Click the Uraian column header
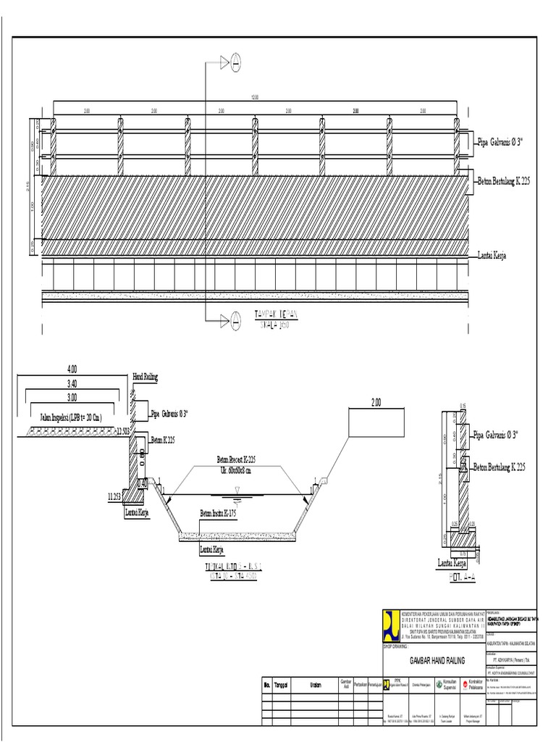click(x=316, y=683)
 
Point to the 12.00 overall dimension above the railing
click(x=254, y=96)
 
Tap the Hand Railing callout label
click(x=146, y=378)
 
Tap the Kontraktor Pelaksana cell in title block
click(x=474, y=683)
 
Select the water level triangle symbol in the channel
click(x=237, y=492)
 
